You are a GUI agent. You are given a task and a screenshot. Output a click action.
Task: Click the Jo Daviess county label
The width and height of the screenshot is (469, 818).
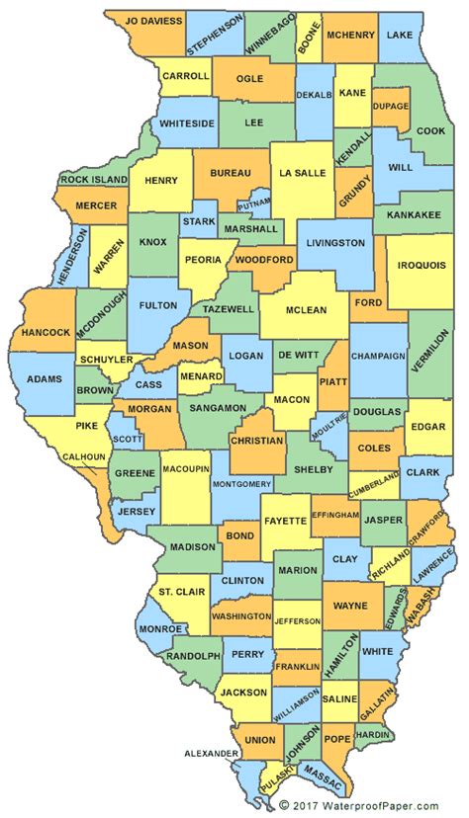click(x=145, y=20)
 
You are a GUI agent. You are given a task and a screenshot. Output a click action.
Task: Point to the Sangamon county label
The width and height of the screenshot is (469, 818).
click(x=218, y=407)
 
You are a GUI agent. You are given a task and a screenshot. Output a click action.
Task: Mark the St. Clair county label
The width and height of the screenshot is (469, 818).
click(x=179, y=592)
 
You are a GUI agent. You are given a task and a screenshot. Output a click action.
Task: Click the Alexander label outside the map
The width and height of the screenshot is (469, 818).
click(x=212, y=753)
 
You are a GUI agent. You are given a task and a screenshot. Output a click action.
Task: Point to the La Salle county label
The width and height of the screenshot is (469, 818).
click(x=302, y=172)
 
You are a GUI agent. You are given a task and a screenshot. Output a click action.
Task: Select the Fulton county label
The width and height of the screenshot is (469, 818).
click(x=157, y=307)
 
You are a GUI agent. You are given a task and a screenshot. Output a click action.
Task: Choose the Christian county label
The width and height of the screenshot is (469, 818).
click(x=256, y=441)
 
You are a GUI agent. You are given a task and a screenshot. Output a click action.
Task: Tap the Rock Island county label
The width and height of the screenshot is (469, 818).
click(x=94, y=180)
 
